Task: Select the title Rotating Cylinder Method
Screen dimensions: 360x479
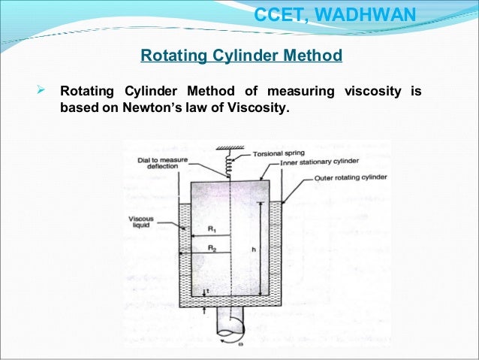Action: [x=242, y=56]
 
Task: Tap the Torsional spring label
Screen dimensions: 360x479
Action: [x=279, y=153]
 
